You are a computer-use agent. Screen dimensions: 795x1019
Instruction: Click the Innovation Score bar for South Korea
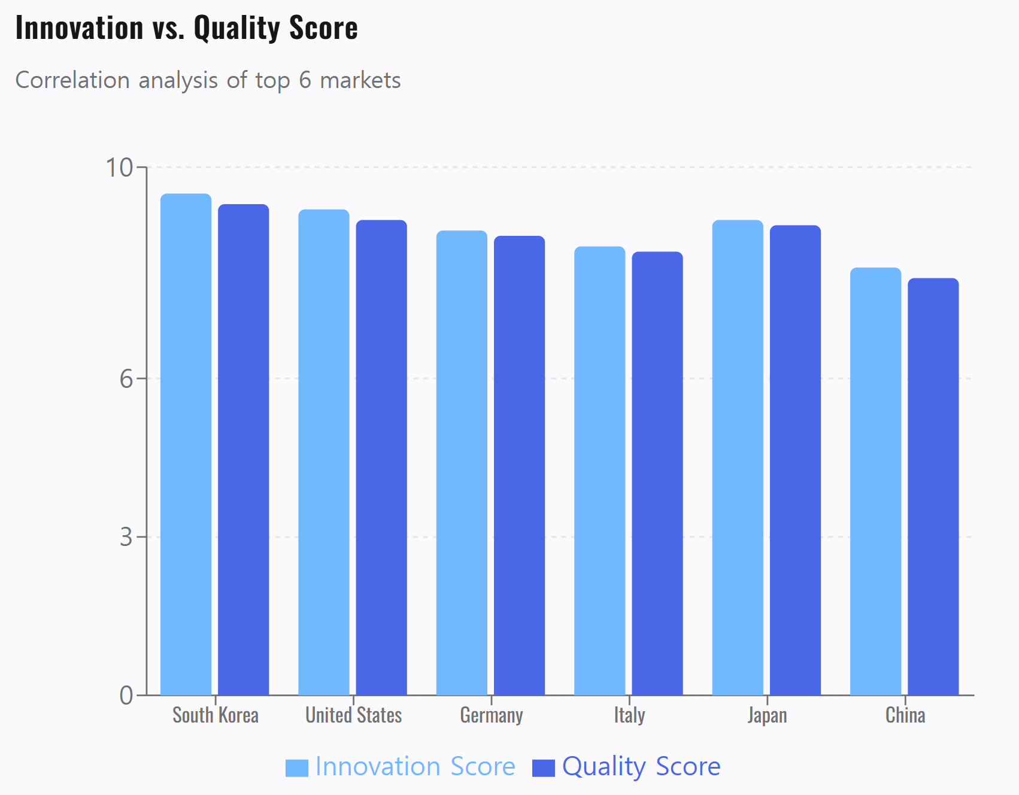(x=186, y=444)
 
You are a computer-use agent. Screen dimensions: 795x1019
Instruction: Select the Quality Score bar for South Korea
(x=243, y=449)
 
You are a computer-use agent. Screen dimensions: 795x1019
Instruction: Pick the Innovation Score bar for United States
(x=323, y=452)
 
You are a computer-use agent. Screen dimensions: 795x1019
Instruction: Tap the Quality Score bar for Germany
(x=519, y=465)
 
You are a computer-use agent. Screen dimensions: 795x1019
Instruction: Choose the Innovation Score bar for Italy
(x=599, y=471)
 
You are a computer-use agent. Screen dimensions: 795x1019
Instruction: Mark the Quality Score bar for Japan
(x=795, y=460)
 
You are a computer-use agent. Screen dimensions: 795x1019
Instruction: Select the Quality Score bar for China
(x=933, y=486)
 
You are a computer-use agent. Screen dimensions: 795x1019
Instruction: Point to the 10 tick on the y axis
(x=119, y=168)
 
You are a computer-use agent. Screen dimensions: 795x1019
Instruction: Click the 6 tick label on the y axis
(x=126, y=378)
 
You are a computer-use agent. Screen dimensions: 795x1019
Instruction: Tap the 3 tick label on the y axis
(x=126, y=537)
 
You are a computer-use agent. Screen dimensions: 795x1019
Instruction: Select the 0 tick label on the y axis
(x=126, y=696)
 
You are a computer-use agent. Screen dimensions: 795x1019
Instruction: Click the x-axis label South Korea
(x=216, y=715)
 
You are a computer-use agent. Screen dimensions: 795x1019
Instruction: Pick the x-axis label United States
(x=353, y=715)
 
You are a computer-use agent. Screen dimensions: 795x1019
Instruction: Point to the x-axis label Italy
(x=629, y=715)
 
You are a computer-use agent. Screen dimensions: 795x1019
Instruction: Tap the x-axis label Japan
(x=767, y=715)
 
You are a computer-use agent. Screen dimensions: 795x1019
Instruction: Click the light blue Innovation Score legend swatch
(x=296, y=767)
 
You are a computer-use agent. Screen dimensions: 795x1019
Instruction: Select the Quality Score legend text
(x=641, y=766)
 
